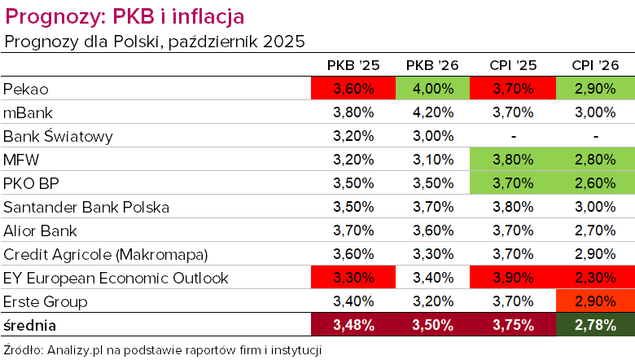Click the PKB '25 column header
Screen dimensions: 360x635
352,64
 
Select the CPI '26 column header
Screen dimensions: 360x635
595,64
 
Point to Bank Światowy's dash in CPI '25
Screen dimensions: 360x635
513,136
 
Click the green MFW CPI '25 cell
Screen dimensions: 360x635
513,160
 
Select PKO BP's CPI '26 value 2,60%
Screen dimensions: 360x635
595,183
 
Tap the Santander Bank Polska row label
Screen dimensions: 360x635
85,207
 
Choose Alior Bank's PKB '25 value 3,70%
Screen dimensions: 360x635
352,230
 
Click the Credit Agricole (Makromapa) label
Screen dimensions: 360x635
104,254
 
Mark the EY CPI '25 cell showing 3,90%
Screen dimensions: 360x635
513,278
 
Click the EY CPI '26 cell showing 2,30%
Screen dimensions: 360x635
595,278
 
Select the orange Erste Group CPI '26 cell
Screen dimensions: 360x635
595,301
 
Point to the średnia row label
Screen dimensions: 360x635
30,325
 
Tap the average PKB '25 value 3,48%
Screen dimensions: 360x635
352,325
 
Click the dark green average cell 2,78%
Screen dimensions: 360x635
595,325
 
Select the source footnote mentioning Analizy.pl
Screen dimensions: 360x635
163,350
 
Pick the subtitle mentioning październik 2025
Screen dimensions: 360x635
155,40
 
